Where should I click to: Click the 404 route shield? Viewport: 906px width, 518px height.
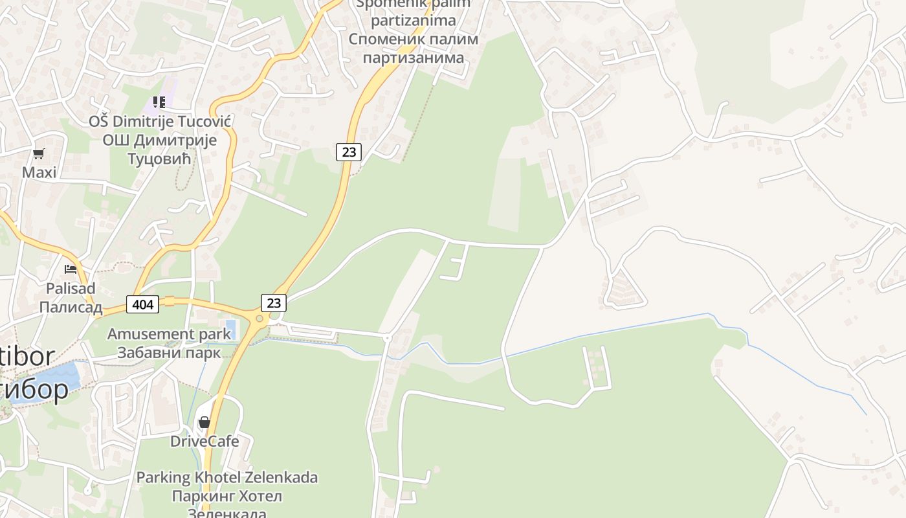pyautogui.click(x=142, y=304)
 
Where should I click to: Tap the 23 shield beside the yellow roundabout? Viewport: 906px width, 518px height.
pyautogui.click(x=274, y=302)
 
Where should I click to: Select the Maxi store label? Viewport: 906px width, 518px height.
pyautogui.click(x=39, y=172)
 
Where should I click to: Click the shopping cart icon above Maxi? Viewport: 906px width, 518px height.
pyautogui.click(x=39, y=154)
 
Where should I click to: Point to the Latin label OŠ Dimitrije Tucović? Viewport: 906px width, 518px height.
pyautogui.click(x=160, y=122)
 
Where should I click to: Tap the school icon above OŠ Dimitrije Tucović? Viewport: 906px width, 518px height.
pyautogui.click(x=159, y=102)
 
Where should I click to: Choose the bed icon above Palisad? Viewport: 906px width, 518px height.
pyautogui.click(x=71, y=269)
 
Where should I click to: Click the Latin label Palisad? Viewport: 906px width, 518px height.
pyautogui.click(x=71, y=288)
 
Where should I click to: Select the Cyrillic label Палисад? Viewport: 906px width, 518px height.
pyautogui.click(x=71, y=307)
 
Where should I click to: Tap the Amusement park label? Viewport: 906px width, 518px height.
pyautogui.click(x=169, y=334)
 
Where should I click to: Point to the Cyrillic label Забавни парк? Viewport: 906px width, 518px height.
pyautogui.click(x=169, y=353)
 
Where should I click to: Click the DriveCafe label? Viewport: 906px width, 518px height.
pyautogui.click(x=204, y=442)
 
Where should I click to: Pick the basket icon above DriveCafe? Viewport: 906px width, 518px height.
pyautogui.click(x=204, y=423)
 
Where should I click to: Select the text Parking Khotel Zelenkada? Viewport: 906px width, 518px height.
pyautogui.click(x=226, y=478)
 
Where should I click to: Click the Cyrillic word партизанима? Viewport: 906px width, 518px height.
pyautogui.click(x=414, y=57)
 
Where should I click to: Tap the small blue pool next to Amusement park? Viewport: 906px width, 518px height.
pyautogui.click(x=228, y=328)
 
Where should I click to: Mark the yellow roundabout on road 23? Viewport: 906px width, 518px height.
pyautogui.click(x=260, y=319)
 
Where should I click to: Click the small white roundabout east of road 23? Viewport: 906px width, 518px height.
pyautogui.click(x=387, y=337)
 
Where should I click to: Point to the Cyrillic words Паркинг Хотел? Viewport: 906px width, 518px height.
pyautogui.click(x=226, y=497)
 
